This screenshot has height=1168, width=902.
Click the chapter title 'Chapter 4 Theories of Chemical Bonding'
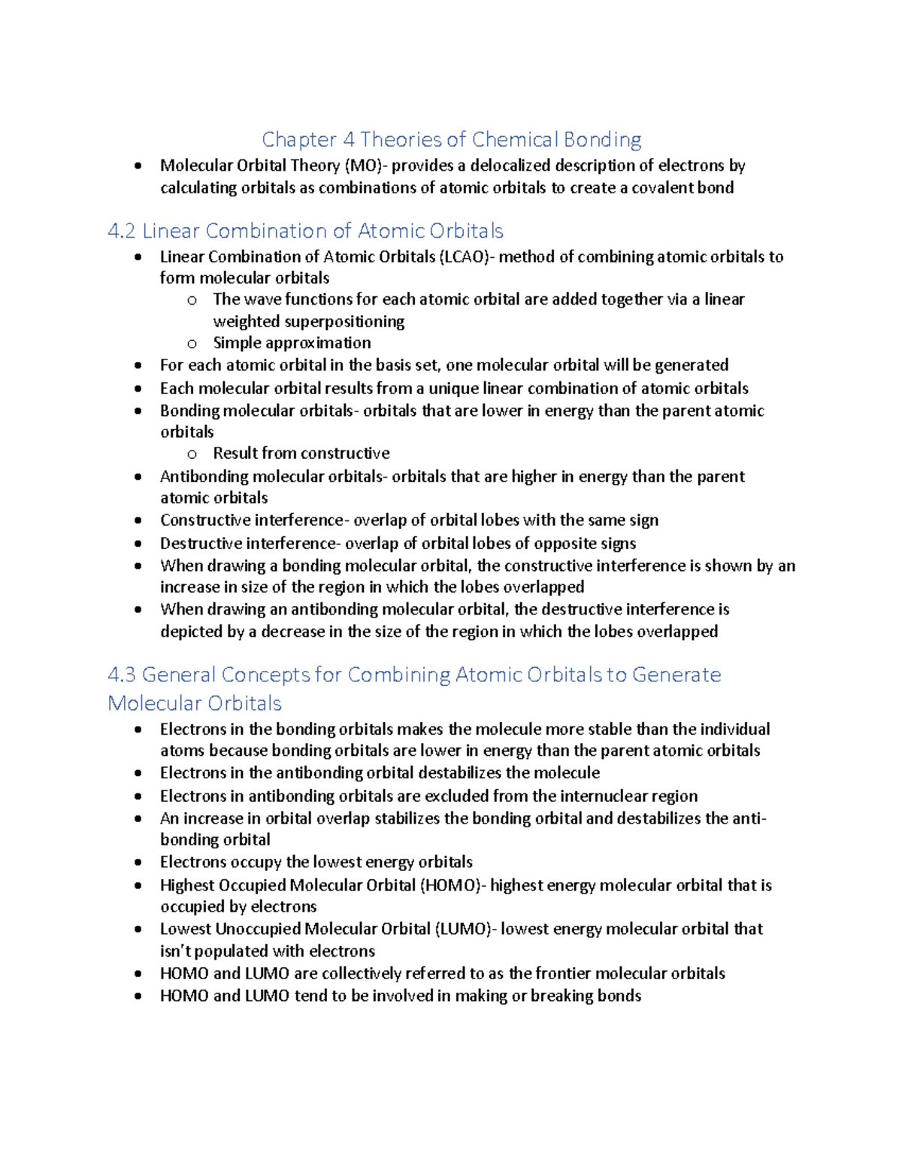click(451, 140)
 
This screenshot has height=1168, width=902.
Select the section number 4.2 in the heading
click(122, 231)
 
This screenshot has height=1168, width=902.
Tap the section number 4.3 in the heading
click(122, 675)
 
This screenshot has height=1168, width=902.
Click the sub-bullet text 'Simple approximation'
click(292, 343)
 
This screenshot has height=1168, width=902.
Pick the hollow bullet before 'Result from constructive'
click(192, 454)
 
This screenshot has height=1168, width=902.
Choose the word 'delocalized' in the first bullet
click(510, 165)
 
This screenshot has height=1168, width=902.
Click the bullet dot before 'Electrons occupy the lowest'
click(138, 863)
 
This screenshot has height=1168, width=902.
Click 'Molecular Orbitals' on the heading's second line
click(195, 703)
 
